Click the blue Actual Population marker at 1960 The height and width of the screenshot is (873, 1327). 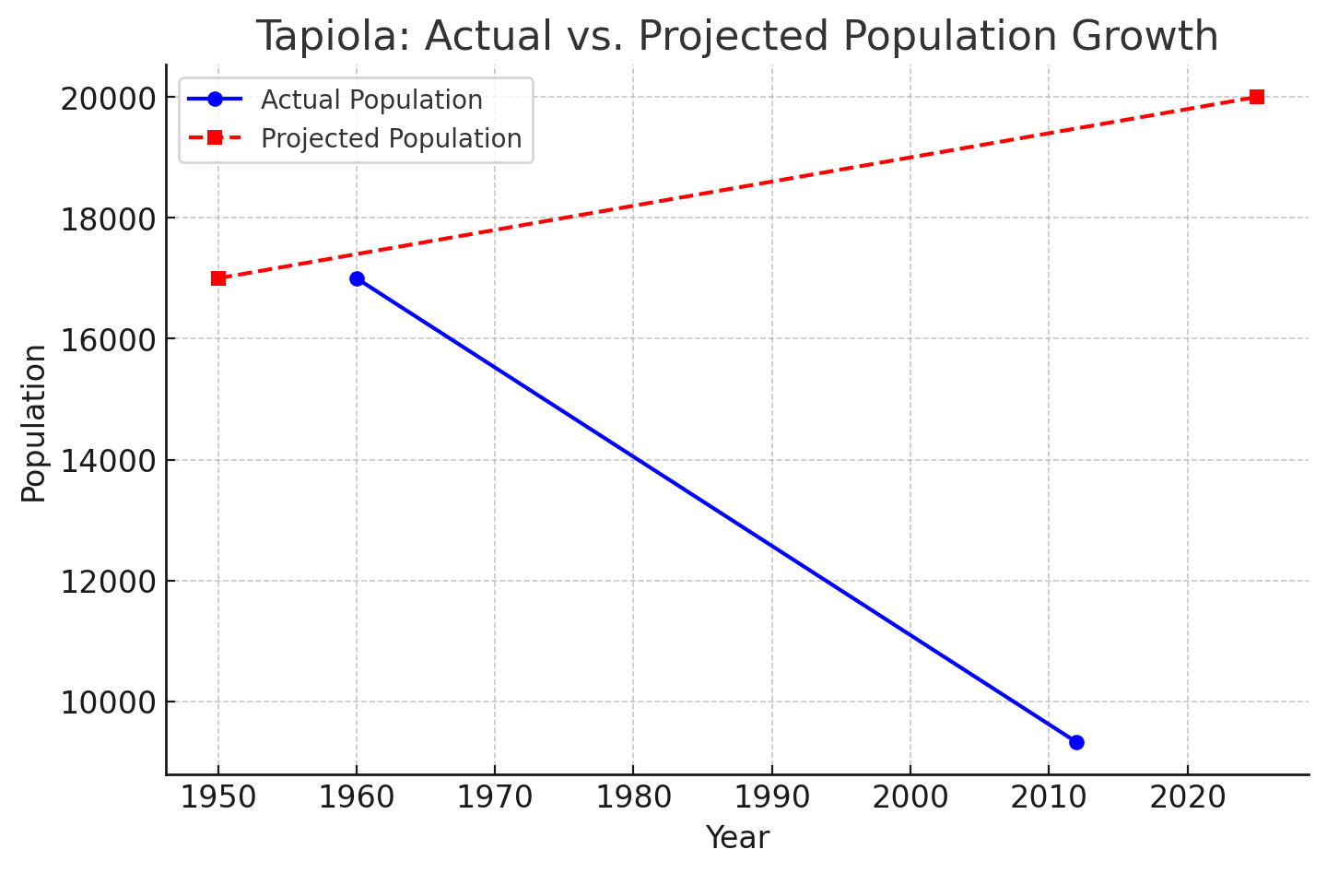tap(357, 278)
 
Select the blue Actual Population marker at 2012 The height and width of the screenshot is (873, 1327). tap(1076, 742)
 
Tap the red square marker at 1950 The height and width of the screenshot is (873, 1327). tap(218, 278)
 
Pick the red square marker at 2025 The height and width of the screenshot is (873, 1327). tap(1256, 97)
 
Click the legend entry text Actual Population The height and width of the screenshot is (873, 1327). tap(371, 100)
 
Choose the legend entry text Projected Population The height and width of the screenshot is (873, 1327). tap(391, 138)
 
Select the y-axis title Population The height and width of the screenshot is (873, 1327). tap(34, 423)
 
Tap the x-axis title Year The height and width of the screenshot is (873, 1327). tap(737, 838)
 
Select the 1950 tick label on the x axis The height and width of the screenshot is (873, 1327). tap(218, 797)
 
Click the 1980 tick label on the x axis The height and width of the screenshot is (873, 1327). tap(633, 797)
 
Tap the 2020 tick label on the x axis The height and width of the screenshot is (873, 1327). tap(1187, 797)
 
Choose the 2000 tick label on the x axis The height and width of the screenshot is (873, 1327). tap(910, 797)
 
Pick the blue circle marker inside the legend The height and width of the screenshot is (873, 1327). tap(215, 99)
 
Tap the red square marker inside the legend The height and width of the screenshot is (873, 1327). tap(215, 137)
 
